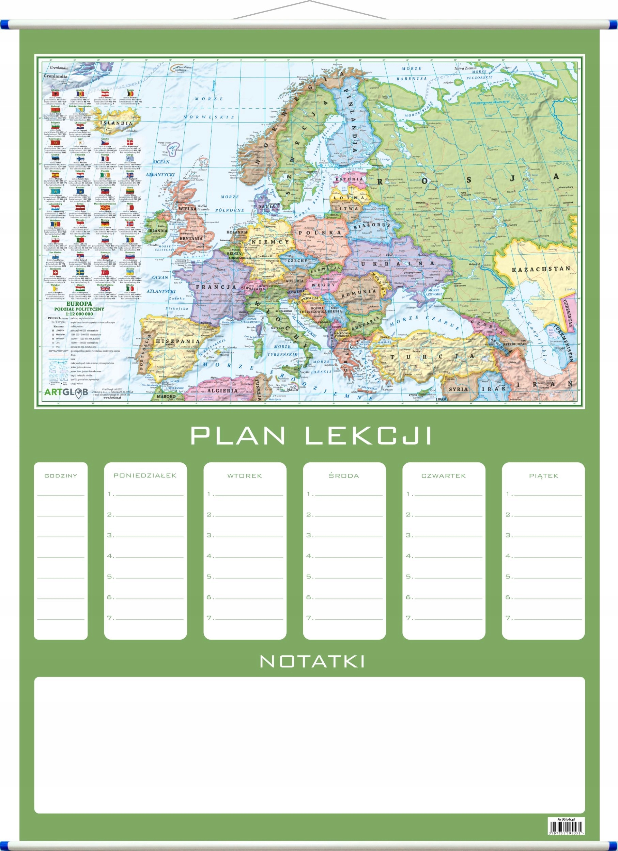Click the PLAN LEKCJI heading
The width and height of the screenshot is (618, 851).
point(311,436)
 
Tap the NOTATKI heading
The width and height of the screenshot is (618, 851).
point(312,661)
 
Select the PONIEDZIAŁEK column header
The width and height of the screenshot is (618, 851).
point(145,476)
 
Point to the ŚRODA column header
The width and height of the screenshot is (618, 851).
point(344,476)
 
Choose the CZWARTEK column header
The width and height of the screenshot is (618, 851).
point(444,476)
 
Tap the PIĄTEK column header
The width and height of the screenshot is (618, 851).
point(543,476)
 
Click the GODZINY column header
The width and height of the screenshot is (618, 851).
point(61,476)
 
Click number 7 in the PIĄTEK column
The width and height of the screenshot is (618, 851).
point(508,617)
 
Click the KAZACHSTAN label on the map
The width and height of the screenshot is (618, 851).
point(541,269)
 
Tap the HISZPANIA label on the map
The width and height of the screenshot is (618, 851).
point(178,341)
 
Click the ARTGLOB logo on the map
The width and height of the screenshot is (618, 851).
point(66,392)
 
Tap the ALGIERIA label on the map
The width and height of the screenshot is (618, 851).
point(222,390)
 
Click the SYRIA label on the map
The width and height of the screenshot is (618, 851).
point(458,389)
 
